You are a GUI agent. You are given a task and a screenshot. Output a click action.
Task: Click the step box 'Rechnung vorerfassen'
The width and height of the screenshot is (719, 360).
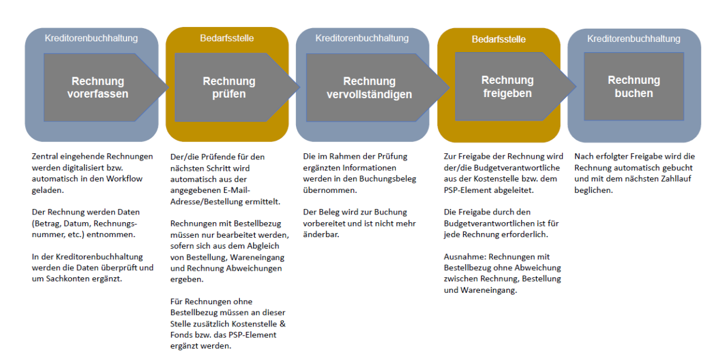100,87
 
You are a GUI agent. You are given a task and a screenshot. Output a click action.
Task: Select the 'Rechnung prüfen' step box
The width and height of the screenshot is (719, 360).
229,87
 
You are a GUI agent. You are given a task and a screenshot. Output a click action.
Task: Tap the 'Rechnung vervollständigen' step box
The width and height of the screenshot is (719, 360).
369,87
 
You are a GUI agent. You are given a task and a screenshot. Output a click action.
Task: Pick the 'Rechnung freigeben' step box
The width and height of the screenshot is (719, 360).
507,86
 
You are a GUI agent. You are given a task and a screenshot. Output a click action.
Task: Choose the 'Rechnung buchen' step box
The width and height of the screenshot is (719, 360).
633,86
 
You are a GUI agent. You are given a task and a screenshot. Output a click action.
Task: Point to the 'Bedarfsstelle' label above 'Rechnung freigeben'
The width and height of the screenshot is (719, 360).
499,40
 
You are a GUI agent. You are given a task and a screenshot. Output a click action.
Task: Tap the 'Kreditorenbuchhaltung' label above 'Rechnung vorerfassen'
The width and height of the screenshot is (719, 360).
91,38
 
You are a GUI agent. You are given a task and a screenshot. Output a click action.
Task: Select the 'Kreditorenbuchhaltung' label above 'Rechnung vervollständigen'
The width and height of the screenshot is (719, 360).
362,38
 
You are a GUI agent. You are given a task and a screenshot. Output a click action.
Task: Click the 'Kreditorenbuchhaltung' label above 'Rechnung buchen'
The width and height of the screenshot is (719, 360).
633,39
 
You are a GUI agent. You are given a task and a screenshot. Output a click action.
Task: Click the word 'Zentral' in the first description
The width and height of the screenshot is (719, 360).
45,157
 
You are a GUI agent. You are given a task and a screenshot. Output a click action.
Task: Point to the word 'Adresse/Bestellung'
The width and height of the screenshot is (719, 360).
205,201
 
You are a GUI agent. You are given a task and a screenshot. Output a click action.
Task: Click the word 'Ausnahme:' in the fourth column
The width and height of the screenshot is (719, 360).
463,257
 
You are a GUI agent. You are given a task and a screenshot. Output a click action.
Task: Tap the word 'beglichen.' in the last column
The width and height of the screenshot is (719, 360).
593,190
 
